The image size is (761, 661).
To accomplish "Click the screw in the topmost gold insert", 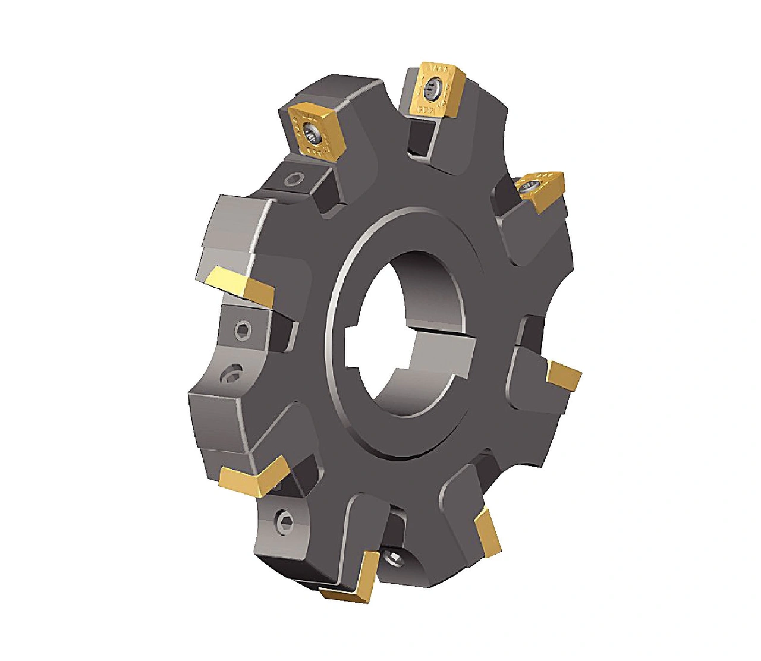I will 433,91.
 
